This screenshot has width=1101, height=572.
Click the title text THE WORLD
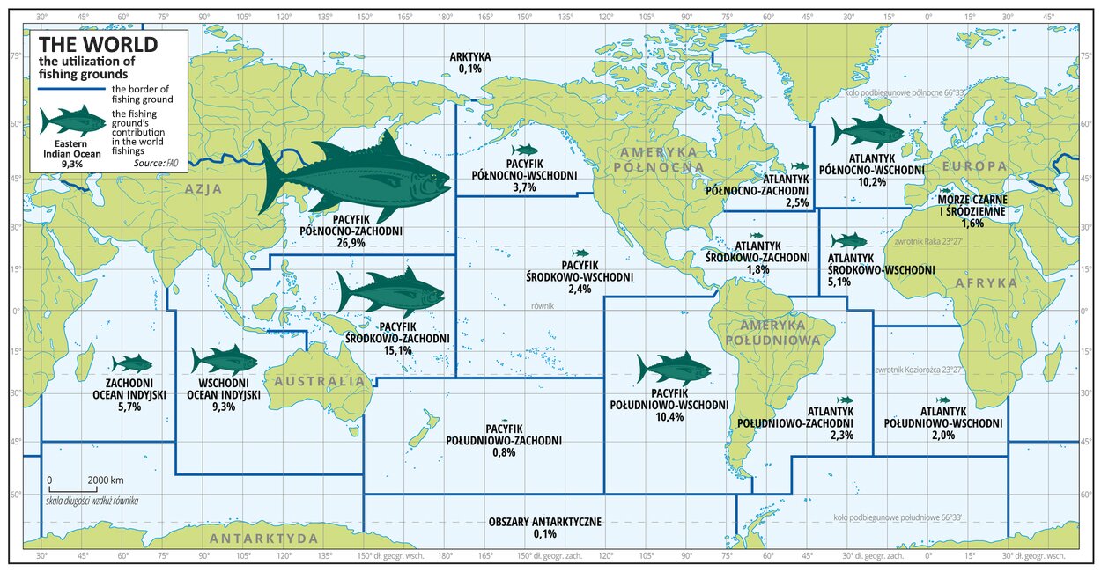pyautogui.click(x=98, y=44)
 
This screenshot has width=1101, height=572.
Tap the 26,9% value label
pyautogui.click(x=351, y=243)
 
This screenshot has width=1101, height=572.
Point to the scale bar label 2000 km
pyautogui.click(x=105, y=481)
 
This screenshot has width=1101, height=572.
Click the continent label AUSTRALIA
pyautogui.click(x=318, y=381)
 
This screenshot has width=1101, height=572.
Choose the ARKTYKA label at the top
pyautogui.click(x=470, y=57)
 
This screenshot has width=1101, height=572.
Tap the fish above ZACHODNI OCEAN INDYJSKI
pyautogui.click(x=132, y=363)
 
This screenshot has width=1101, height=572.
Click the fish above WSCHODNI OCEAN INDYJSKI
pyautogui.click(x=224, y=360)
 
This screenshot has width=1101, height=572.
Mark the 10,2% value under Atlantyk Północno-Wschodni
pyautogui.click(x=871, y=182)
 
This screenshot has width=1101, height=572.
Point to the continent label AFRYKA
pyautogui.click(x=988, y=283)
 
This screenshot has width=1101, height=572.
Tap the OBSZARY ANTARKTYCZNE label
pyautogui.click(x=544, y=522)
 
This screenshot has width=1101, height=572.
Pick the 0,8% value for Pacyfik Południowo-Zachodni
pyautogui.click(x=492, y=452)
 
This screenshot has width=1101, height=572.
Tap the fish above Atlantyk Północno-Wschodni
pyautogui.click(x=867, y=132)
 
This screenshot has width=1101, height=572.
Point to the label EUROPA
pyautogui.click(x=974, y=165)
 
